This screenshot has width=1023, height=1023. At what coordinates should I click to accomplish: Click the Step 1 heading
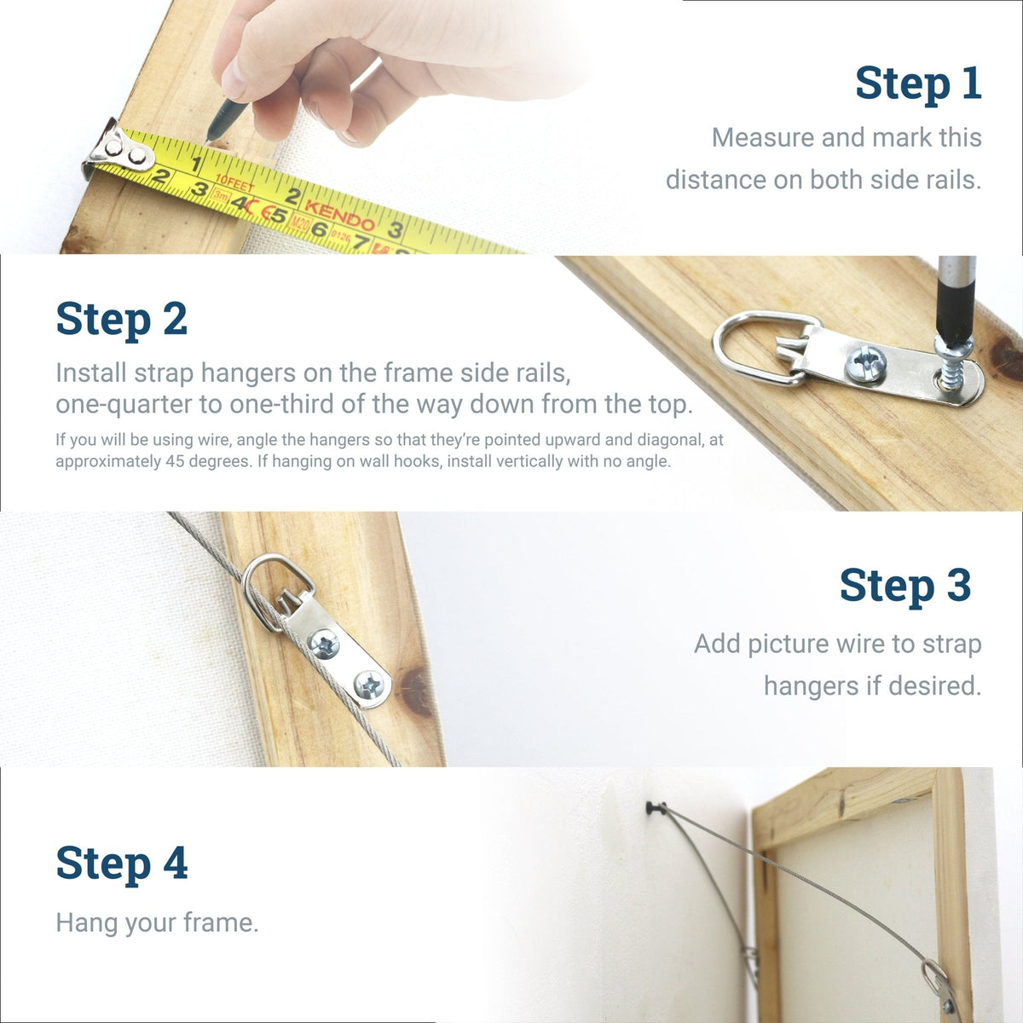tap(918, 84)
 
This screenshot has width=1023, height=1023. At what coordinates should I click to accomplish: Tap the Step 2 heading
tap(121, 320)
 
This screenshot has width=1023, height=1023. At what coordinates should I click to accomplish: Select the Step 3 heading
tap(905, 587)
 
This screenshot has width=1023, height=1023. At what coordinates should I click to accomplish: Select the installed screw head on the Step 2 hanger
tap(864, 365)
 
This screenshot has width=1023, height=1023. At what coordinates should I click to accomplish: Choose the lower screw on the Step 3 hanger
tap(368, 684)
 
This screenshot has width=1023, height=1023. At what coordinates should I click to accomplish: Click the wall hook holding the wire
tap(655, 806)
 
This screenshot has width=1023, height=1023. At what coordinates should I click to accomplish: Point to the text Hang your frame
tap(157, 922)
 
